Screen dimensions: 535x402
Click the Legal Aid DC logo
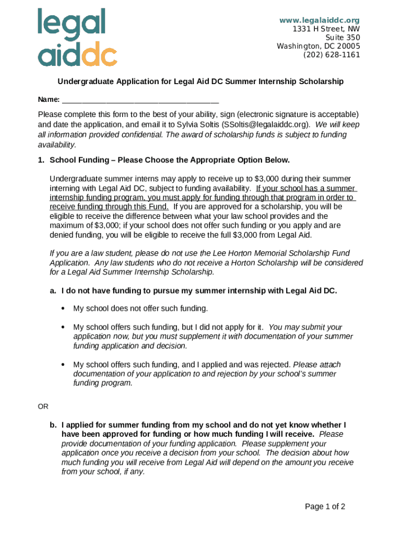tap(77, 37)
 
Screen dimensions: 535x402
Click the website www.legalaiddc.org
tap(320, 20)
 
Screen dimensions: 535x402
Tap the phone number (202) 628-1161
tap(332, 54)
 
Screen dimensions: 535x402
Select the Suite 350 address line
tap(342, 38)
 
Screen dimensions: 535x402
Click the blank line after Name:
tap(140, 100)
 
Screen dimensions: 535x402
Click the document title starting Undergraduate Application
tap(200, 82)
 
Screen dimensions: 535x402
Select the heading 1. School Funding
tap(163, 159)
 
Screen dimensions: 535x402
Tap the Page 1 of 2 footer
tap(325, 506)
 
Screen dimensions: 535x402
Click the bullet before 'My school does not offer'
tap(63, 308)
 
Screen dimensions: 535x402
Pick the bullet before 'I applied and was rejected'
tap(63, 365)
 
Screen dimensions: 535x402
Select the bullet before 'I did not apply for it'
tap(63, 327)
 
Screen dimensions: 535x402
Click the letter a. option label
tap(53, 290)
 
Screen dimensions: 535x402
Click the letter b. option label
tap(53, 425)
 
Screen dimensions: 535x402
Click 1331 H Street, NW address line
tap(326, 29)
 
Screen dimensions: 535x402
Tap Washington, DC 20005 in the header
tap(318, 46)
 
